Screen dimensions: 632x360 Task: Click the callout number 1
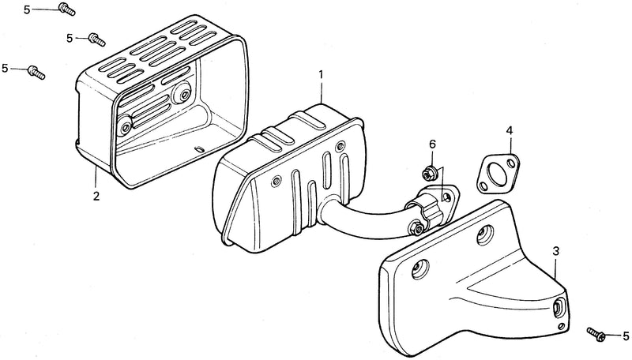coord(322,75)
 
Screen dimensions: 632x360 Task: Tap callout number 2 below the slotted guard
coord(96,196)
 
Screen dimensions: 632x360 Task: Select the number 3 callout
coord(556,252)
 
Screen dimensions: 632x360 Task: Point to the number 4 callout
coord(510,130)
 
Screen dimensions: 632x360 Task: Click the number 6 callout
coord(432,144)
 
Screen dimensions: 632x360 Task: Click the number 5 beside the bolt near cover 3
coord(626,336)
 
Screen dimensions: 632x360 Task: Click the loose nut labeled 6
coord(427,174)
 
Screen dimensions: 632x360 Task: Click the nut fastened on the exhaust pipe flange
coord(418,229)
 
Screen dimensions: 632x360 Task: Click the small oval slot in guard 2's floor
coord(197,149)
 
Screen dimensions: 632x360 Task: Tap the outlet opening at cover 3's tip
coord(559,308)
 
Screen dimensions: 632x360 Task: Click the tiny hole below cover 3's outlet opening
coord(559,325)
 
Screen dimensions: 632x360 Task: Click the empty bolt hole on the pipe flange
coord(446,197)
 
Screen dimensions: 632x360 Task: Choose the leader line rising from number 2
coord(96,178)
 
